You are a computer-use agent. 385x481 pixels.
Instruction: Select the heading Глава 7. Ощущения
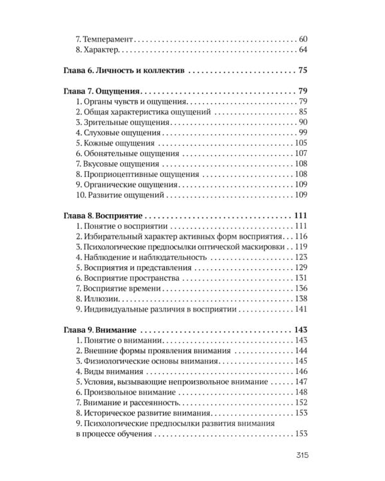point(103,90)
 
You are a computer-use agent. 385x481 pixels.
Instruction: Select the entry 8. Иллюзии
point(98,299)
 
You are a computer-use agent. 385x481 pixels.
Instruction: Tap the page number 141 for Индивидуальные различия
point(303,309)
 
